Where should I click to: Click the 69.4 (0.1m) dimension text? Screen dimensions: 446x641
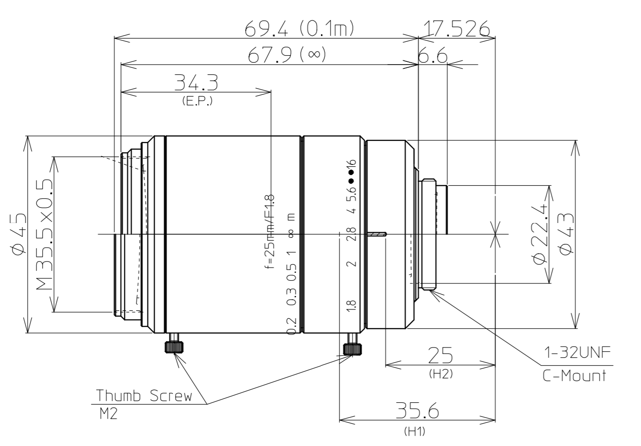click(x=300, y=29)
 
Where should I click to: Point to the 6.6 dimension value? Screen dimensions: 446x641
click(x=432, y=57)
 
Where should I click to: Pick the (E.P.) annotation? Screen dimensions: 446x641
click(x=197, y=101)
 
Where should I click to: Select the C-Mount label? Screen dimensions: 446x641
click(x=575, y=375)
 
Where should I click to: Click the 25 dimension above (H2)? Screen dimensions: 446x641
click(x=440, y=355)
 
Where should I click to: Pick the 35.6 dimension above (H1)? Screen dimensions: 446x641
click(x=417, y=411)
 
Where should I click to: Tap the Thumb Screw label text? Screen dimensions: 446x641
click(x=144, y=396)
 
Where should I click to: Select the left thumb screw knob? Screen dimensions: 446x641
click(x=173, y=347)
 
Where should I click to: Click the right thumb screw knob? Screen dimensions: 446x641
click(x=352, y=349)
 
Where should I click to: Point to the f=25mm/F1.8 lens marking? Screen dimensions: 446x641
click(x=270, y=234)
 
